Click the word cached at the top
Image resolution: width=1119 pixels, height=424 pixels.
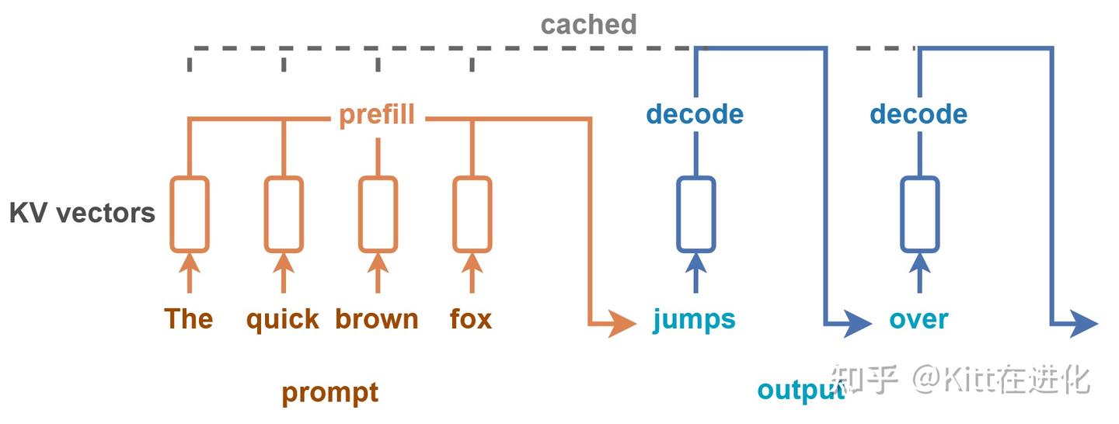(588, 25)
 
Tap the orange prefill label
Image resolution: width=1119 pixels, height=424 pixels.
(377, 114)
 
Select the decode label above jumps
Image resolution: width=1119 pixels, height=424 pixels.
(695, 114)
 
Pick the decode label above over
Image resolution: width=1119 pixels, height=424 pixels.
(919, 114)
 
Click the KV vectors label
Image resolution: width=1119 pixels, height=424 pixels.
(82, 213)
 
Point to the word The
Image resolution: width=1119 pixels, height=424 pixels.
(189, 318)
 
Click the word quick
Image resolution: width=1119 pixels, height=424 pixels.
(283, 320)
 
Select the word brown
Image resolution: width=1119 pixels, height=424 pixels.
(377, 318)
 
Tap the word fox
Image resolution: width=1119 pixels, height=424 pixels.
(471, 318)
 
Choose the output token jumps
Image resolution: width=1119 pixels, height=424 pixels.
(695, 320)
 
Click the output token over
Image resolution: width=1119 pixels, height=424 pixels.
(919, 320)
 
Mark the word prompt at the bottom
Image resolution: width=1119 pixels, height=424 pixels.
(330, 394)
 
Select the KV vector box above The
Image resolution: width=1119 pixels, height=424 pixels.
(170, 214)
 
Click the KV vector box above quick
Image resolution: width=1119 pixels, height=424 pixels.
(265, 214)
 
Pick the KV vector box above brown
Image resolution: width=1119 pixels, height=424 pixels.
(359, 214)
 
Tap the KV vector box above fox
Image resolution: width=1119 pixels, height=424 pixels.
(454, 214)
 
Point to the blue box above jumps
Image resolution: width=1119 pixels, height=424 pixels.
(678, 214)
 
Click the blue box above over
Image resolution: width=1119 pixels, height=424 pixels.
(901, 214)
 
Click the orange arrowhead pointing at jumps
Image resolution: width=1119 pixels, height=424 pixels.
(622, 324)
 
